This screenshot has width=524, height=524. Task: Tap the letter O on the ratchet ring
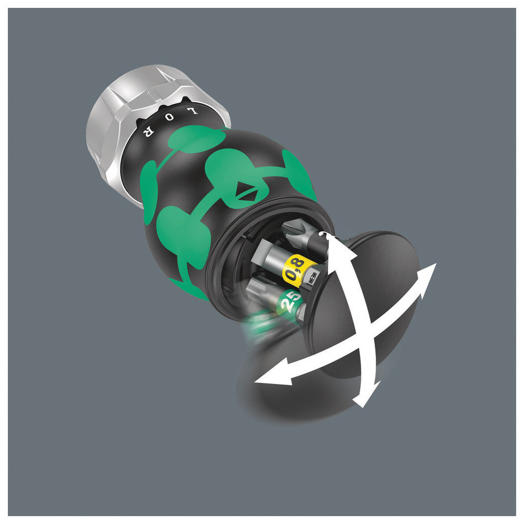point(170,117)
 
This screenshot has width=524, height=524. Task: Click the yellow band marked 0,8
point(294,269)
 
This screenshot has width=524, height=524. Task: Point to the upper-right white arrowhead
point(426,277)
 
